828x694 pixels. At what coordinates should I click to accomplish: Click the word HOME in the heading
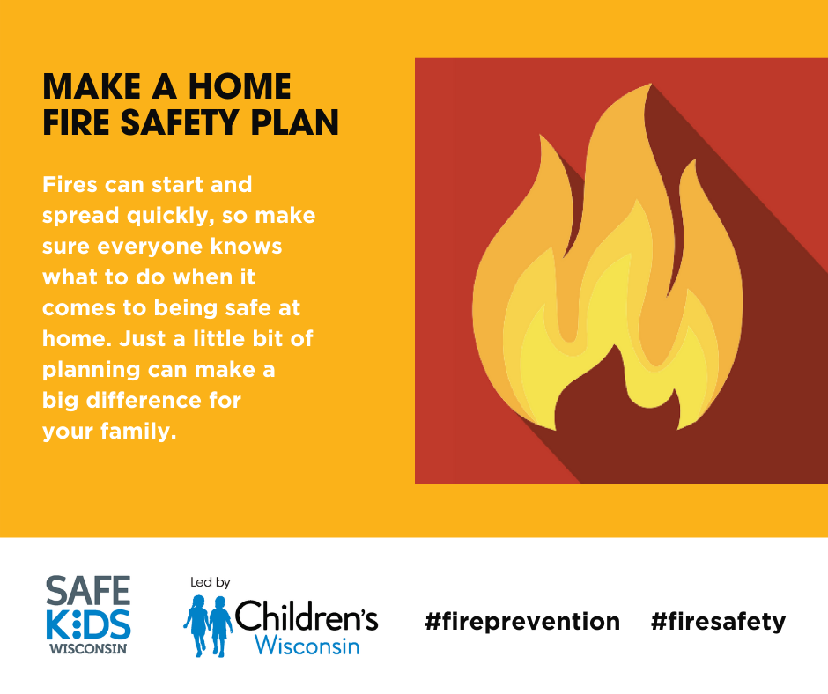click(240, 86)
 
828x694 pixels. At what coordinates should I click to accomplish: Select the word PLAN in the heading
click(295, 122)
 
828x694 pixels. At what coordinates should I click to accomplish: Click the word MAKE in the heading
click(92, 86)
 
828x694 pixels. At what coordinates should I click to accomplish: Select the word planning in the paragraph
click(92, 370)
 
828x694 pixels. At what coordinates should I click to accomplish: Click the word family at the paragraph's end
click(138, 431)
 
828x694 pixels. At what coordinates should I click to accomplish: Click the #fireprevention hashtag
click(522, 622)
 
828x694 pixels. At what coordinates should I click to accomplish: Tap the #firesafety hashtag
click(718, 622)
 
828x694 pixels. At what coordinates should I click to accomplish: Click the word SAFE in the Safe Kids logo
click(88, 590)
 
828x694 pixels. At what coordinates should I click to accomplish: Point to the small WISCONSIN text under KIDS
click(88, 648)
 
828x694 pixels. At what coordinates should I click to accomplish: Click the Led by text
click(211, 582)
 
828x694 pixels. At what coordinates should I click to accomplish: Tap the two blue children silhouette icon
click(208, 626)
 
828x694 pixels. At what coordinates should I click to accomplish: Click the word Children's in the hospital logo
click(307, 616)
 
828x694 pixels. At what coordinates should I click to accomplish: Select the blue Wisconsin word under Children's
click(307, 645)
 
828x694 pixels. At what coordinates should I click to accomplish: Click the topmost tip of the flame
click(650, 84)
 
